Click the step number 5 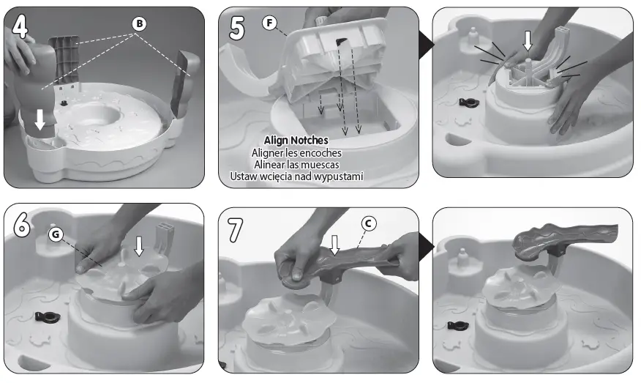237,28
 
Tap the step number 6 22,224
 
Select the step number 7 236,228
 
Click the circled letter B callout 138,23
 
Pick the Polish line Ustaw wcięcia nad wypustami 296,176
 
